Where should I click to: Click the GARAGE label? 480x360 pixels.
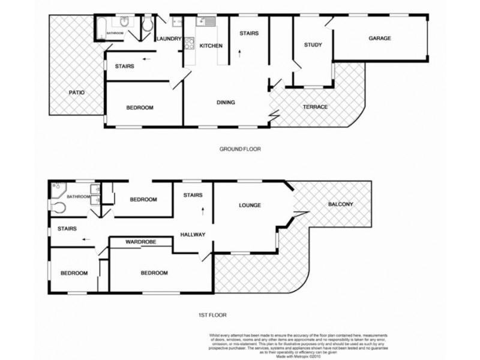click(x=379, y=38)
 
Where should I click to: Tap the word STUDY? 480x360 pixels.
click(x=313, y=45)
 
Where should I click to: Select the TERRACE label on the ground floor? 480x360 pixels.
click(x=315, y=107)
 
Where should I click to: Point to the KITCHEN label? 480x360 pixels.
click(x=211, y=46)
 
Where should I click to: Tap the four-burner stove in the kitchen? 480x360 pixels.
click(x=189, y=44)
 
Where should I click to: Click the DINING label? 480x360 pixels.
click(x=226, y=103)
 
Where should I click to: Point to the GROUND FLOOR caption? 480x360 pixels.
click(x=240, y=149)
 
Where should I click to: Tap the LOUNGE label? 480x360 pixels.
click(x=250, y=205)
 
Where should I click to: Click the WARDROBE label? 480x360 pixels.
click(x=141, y=242)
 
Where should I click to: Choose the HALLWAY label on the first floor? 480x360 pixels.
click(x=193, y=235)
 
